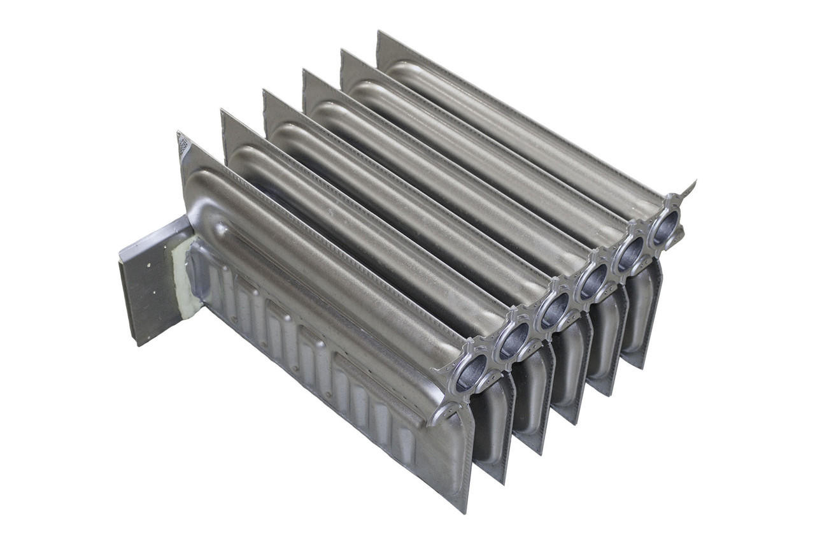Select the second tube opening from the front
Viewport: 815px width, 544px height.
coord(513,340)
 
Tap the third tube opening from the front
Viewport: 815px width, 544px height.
coord(554,310)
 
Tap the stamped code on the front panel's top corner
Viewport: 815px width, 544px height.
coord(183,145)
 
